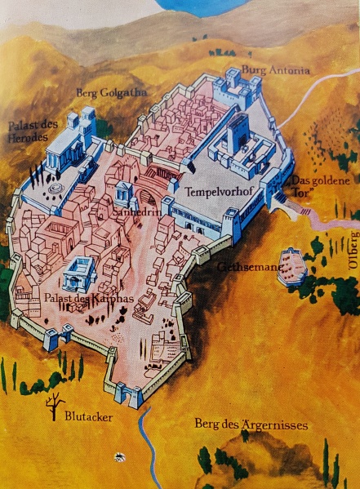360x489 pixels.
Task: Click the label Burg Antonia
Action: [x=277, y=71]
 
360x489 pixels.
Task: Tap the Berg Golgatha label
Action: [x=112, y=93]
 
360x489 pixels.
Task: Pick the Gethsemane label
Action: [x=246, y=266]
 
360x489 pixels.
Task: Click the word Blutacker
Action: [x=87, y=416]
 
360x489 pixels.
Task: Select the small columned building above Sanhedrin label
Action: [x=123, y=193]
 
